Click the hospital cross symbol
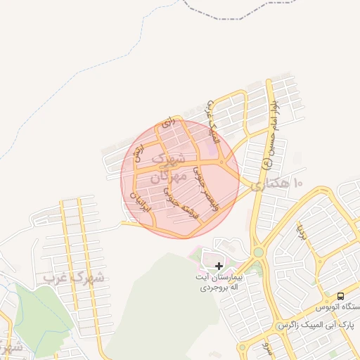[219, 266]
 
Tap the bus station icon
[341, 296]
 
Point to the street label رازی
[167, 123]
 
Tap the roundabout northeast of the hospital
[259, 252]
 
